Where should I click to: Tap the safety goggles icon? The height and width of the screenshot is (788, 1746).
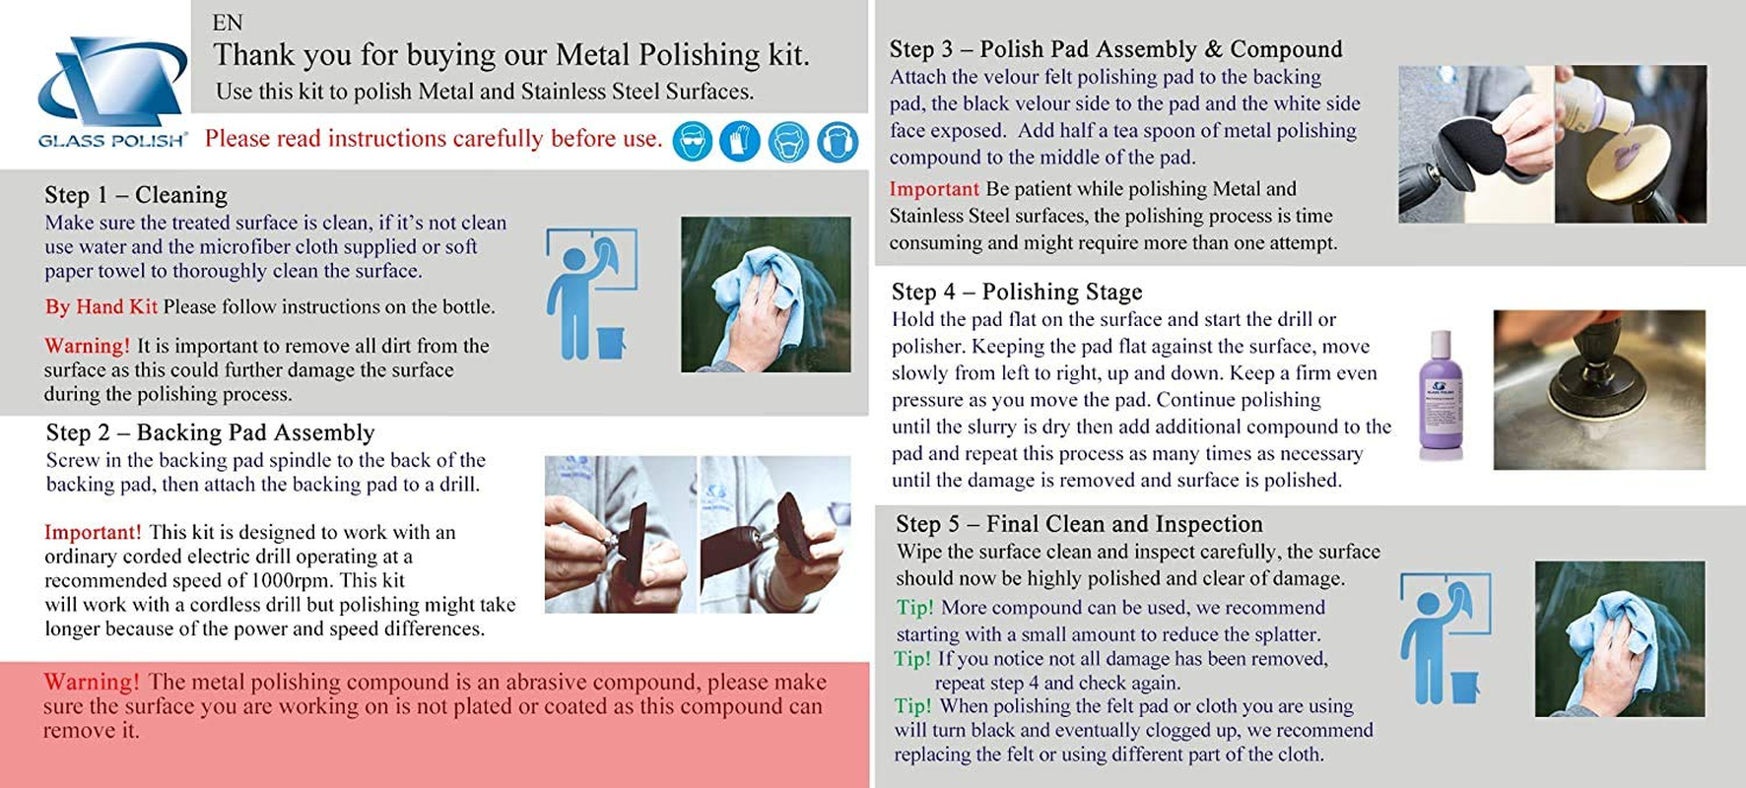point(693,142)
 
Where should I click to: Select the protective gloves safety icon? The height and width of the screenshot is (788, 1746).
point(740,142)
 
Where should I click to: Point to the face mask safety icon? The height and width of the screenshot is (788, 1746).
point(788,142)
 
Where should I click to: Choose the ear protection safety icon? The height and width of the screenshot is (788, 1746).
point(838,142)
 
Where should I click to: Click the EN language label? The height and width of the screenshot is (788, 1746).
point(228,23)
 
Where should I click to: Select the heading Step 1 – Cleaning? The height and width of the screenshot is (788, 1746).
point(136,195)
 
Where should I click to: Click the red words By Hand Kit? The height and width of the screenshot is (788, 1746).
point(101,306)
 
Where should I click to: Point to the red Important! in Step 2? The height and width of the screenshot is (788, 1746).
point(93,532)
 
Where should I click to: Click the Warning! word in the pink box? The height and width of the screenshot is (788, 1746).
point(91,682)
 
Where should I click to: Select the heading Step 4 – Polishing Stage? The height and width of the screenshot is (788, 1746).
point(1017,292)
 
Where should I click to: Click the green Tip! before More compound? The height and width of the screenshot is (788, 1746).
point(914,608)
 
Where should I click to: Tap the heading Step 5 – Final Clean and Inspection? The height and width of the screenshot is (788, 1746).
point(1079,524)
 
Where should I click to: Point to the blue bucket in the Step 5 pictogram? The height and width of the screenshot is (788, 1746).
point(1465,687)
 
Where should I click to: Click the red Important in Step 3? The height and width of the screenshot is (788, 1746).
point(934,189)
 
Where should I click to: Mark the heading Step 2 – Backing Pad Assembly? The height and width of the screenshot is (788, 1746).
point(210,432)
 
